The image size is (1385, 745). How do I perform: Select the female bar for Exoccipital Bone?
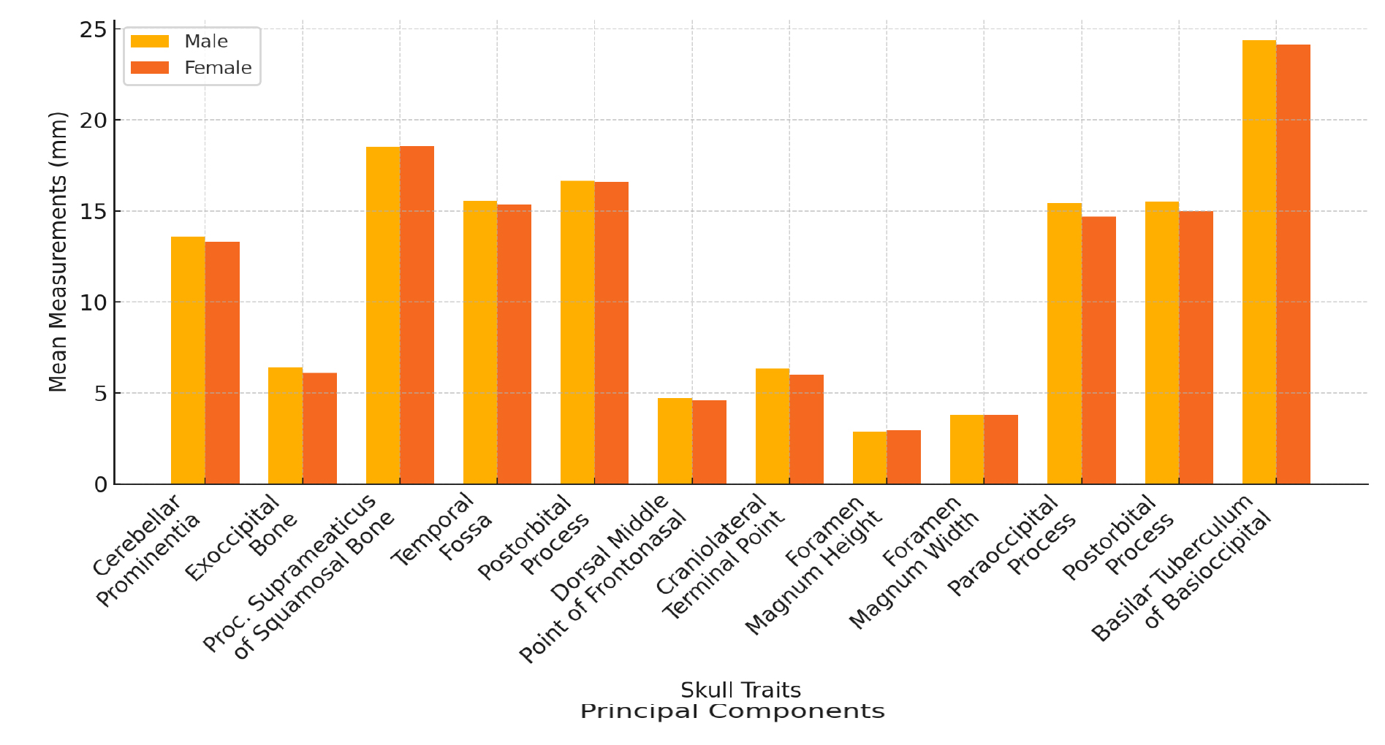[320, 429]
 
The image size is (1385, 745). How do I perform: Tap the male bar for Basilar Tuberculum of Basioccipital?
[1259, 262]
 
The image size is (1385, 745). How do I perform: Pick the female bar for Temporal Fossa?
[515, 344]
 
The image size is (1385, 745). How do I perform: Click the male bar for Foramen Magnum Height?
[869, 458]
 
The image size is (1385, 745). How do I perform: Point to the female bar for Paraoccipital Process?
[1098, 351]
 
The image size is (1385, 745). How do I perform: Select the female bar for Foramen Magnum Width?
[1001, 450]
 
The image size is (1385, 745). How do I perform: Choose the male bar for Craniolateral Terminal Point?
[772, 427]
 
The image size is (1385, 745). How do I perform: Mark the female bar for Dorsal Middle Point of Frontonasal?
[709, 442]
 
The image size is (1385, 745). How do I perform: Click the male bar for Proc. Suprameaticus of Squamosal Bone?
[383, 316]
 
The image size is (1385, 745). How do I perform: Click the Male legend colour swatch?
[150, 42]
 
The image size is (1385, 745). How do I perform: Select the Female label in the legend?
[218, 68]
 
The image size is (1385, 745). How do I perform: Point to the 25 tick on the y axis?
[114, 29]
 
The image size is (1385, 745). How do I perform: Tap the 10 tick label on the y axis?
[94, 302]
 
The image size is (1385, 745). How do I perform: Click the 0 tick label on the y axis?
[100, 485]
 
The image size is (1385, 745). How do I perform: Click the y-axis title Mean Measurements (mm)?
[58, 252]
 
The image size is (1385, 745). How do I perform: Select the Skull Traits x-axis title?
[740, 690]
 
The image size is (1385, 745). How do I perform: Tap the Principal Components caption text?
[732, 711]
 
